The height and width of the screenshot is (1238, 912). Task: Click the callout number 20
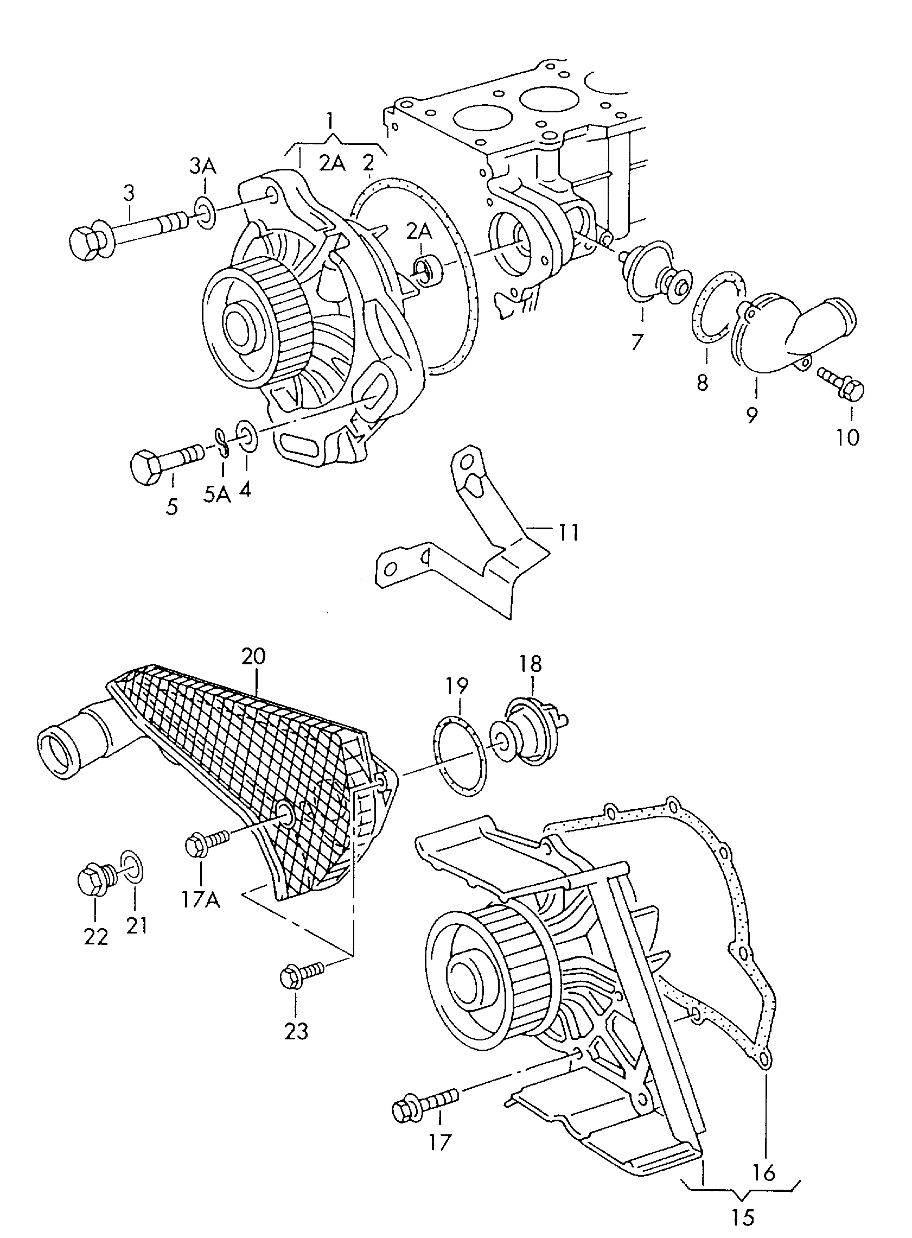[x=253, y=656]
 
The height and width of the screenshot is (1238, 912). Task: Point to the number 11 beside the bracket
[x=568, y=533]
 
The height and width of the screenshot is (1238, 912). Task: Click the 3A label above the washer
[x=203, y=166]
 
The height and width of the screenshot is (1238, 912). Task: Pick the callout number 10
[x=848, y=437]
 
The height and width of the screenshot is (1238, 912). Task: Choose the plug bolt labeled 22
[x=94, y=878]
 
